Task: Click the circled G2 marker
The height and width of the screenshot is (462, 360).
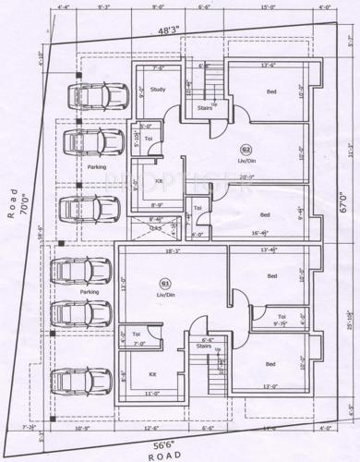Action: tap(246, 149)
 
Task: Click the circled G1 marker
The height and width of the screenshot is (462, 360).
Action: tap(166, 282)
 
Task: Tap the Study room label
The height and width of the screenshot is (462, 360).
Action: tap(158, 90)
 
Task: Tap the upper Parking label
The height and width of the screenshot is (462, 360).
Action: tap(97, 167)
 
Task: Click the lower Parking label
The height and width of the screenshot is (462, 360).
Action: tap(90, 292)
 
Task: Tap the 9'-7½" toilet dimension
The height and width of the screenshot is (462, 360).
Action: tap(268, 323)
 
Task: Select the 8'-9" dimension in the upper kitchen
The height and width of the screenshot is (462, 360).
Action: tap(157, 205)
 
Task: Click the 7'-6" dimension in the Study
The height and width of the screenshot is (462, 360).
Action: tap(158, 68)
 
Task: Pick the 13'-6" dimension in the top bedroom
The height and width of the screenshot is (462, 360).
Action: tap(270, 66)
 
